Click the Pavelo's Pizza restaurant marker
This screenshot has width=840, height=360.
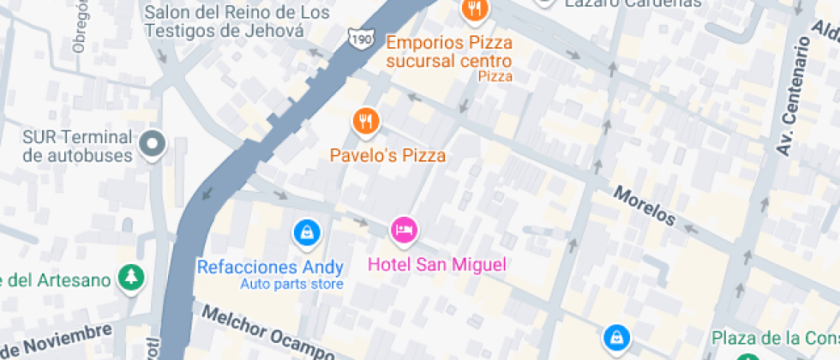(366, 122)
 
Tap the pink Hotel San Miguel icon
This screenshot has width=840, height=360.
(404, 229)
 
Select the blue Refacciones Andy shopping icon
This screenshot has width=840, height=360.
(306, 231)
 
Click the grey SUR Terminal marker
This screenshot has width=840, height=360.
(153, 144)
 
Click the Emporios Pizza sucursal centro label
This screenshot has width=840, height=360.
(448, 51)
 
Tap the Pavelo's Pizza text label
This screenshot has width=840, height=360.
(388, 156)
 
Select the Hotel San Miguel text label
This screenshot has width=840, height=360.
(437, 264)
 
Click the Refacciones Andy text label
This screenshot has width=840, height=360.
(270, 267)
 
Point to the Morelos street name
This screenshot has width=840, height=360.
(644, 207)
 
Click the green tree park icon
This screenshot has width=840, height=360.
(131, 277)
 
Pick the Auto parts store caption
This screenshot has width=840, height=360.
(291, 285)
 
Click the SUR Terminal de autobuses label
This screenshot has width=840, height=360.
(78, 147)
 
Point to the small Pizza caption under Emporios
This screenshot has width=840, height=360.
(495, 76)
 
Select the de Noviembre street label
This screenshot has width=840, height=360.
(56, 341)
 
